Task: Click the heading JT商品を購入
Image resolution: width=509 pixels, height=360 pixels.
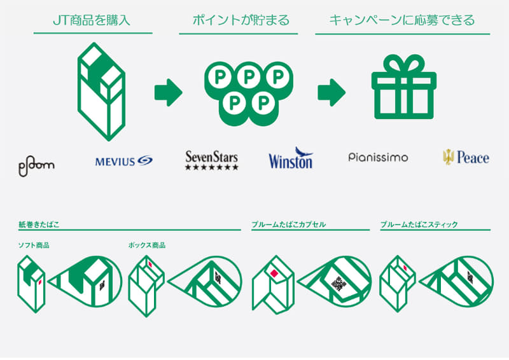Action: coord(92,20)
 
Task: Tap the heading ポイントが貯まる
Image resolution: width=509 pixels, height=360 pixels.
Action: coord(241,20)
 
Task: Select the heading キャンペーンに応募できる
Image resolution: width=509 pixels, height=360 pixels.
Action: coord(402,20)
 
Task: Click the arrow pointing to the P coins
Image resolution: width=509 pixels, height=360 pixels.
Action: coord(168,92)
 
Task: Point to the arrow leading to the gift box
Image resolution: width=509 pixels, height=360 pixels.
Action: coord(331,92)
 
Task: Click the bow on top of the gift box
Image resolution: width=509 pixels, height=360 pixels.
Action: coord(404,64)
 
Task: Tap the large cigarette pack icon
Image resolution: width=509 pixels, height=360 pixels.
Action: coord(101,92)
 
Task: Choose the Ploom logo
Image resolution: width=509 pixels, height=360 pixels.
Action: coord(36,166)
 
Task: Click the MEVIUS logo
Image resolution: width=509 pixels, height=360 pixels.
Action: coord(123,161)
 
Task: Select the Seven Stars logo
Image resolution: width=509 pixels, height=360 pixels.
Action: coord(212,160)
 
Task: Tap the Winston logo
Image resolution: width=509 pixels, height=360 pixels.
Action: coord(291,158)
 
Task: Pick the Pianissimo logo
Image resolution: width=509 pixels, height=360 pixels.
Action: coord(378,158)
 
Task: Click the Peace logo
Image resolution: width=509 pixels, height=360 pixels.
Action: coord(466,158)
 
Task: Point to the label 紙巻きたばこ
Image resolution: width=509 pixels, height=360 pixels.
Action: coord(39,225)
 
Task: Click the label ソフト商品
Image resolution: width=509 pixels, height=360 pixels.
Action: coord(34,246)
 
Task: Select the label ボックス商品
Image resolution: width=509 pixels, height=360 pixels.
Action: coord(147,246)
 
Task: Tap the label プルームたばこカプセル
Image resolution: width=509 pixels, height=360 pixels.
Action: coord(289,225)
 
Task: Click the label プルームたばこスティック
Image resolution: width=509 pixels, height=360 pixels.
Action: coord(419,225)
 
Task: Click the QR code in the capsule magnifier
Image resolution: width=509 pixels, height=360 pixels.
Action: coord(338,284)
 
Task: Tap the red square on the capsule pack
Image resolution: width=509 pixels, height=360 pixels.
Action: coord(274,273)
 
